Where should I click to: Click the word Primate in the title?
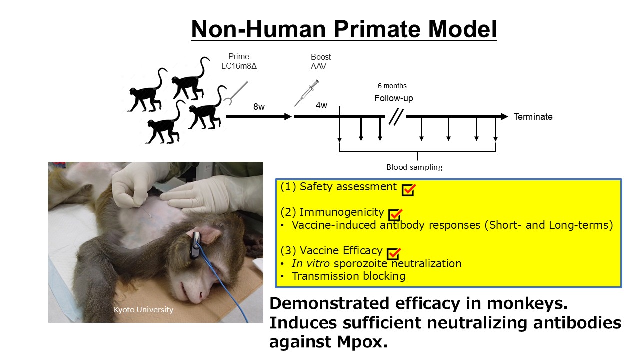377,29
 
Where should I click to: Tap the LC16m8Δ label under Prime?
239,66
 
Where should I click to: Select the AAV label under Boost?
318,66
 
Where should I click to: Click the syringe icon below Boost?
306,93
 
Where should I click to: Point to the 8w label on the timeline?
259,107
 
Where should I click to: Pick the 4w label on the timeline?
321,105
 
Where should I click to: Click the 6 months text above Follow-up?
392,86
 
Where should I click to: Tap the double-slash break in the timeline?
396,117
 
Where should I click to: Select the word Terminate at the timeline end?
533,117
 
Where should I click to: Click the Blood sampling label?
414,167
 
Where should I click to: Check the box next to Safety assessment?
408,190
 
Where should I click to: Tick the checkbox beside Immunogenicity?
395,215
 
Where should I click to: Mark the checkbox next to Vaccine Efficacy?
394,254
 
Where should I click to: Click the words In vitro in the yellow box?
310,263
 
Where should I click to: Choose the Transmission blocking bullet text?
348,276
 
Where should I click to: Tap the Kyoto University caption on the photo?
143,309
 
